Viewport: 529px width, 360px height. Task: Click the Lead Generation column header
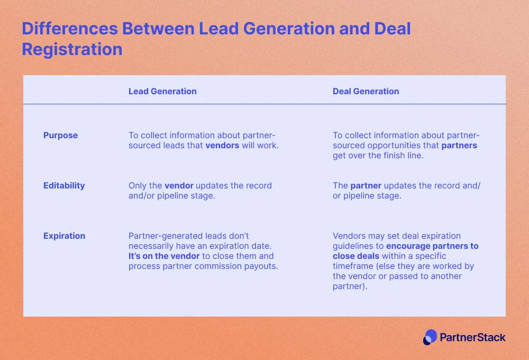pos(162,91)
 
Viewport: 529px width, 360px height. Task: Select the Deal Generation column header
pos(366,91)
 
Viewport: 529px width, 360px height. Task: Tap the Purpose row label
pos(60,136)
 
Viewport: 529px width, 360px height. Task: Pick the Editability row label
pos(64,186)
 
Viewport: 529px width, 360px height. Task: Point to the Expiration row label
pos(64,236)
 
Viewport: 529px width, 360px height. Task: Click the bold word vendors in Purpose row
pos(222,146)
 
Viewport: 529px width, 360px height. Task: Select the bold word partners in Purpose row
pos(459,146)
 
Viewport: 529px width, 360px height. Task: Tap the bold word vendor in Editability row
pos(179,186)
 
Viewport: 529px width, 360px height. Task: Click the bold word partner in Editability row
pos(366,186)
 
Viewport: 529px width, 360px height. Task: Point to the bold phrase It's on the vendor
pos(164,256)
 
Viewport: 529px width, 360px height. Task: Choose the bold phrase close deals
pos(356,256)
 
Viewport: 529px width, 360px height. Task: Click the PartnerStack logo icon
pos(430,337)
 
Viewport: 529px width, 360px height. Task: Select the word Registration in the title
pos(72,49)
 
